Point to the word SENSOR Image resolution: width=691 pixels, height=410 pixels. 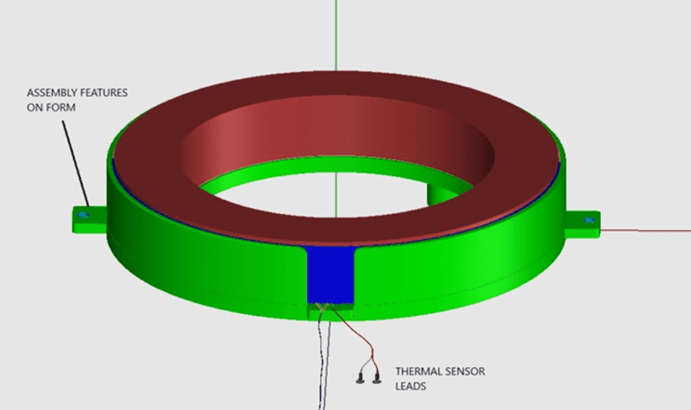pyautogui.click(x=464, y=370)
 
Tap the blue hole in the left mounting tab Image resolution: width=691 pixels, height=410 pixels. pyautogui.click(x=85, y=216)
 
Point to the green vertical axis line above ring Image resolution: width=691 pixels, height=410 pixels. pyautogui.click(x=336, y=36)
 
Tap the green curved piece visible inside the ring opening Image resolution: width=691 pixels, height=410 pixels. pyautogui.click(x=445, y=190)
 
